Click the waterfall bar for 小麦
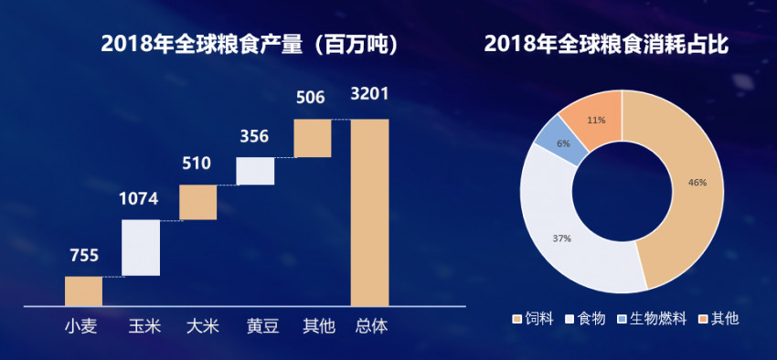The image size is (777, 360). point(83,291)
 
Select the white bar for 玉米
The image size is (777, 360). point(141,248)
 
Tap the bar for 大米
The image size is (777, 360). point(197,202)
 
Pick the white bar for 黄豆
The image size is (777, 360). point(255,171)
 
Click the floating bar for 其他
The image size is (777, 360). point(312,138)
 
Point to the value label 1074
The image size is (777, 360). point(141,199)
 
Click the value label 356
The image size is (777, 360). point(255,136)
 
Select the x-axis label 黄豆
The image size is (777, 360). point(255,325)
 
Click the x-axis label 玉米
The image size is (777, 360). point(141,325)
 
